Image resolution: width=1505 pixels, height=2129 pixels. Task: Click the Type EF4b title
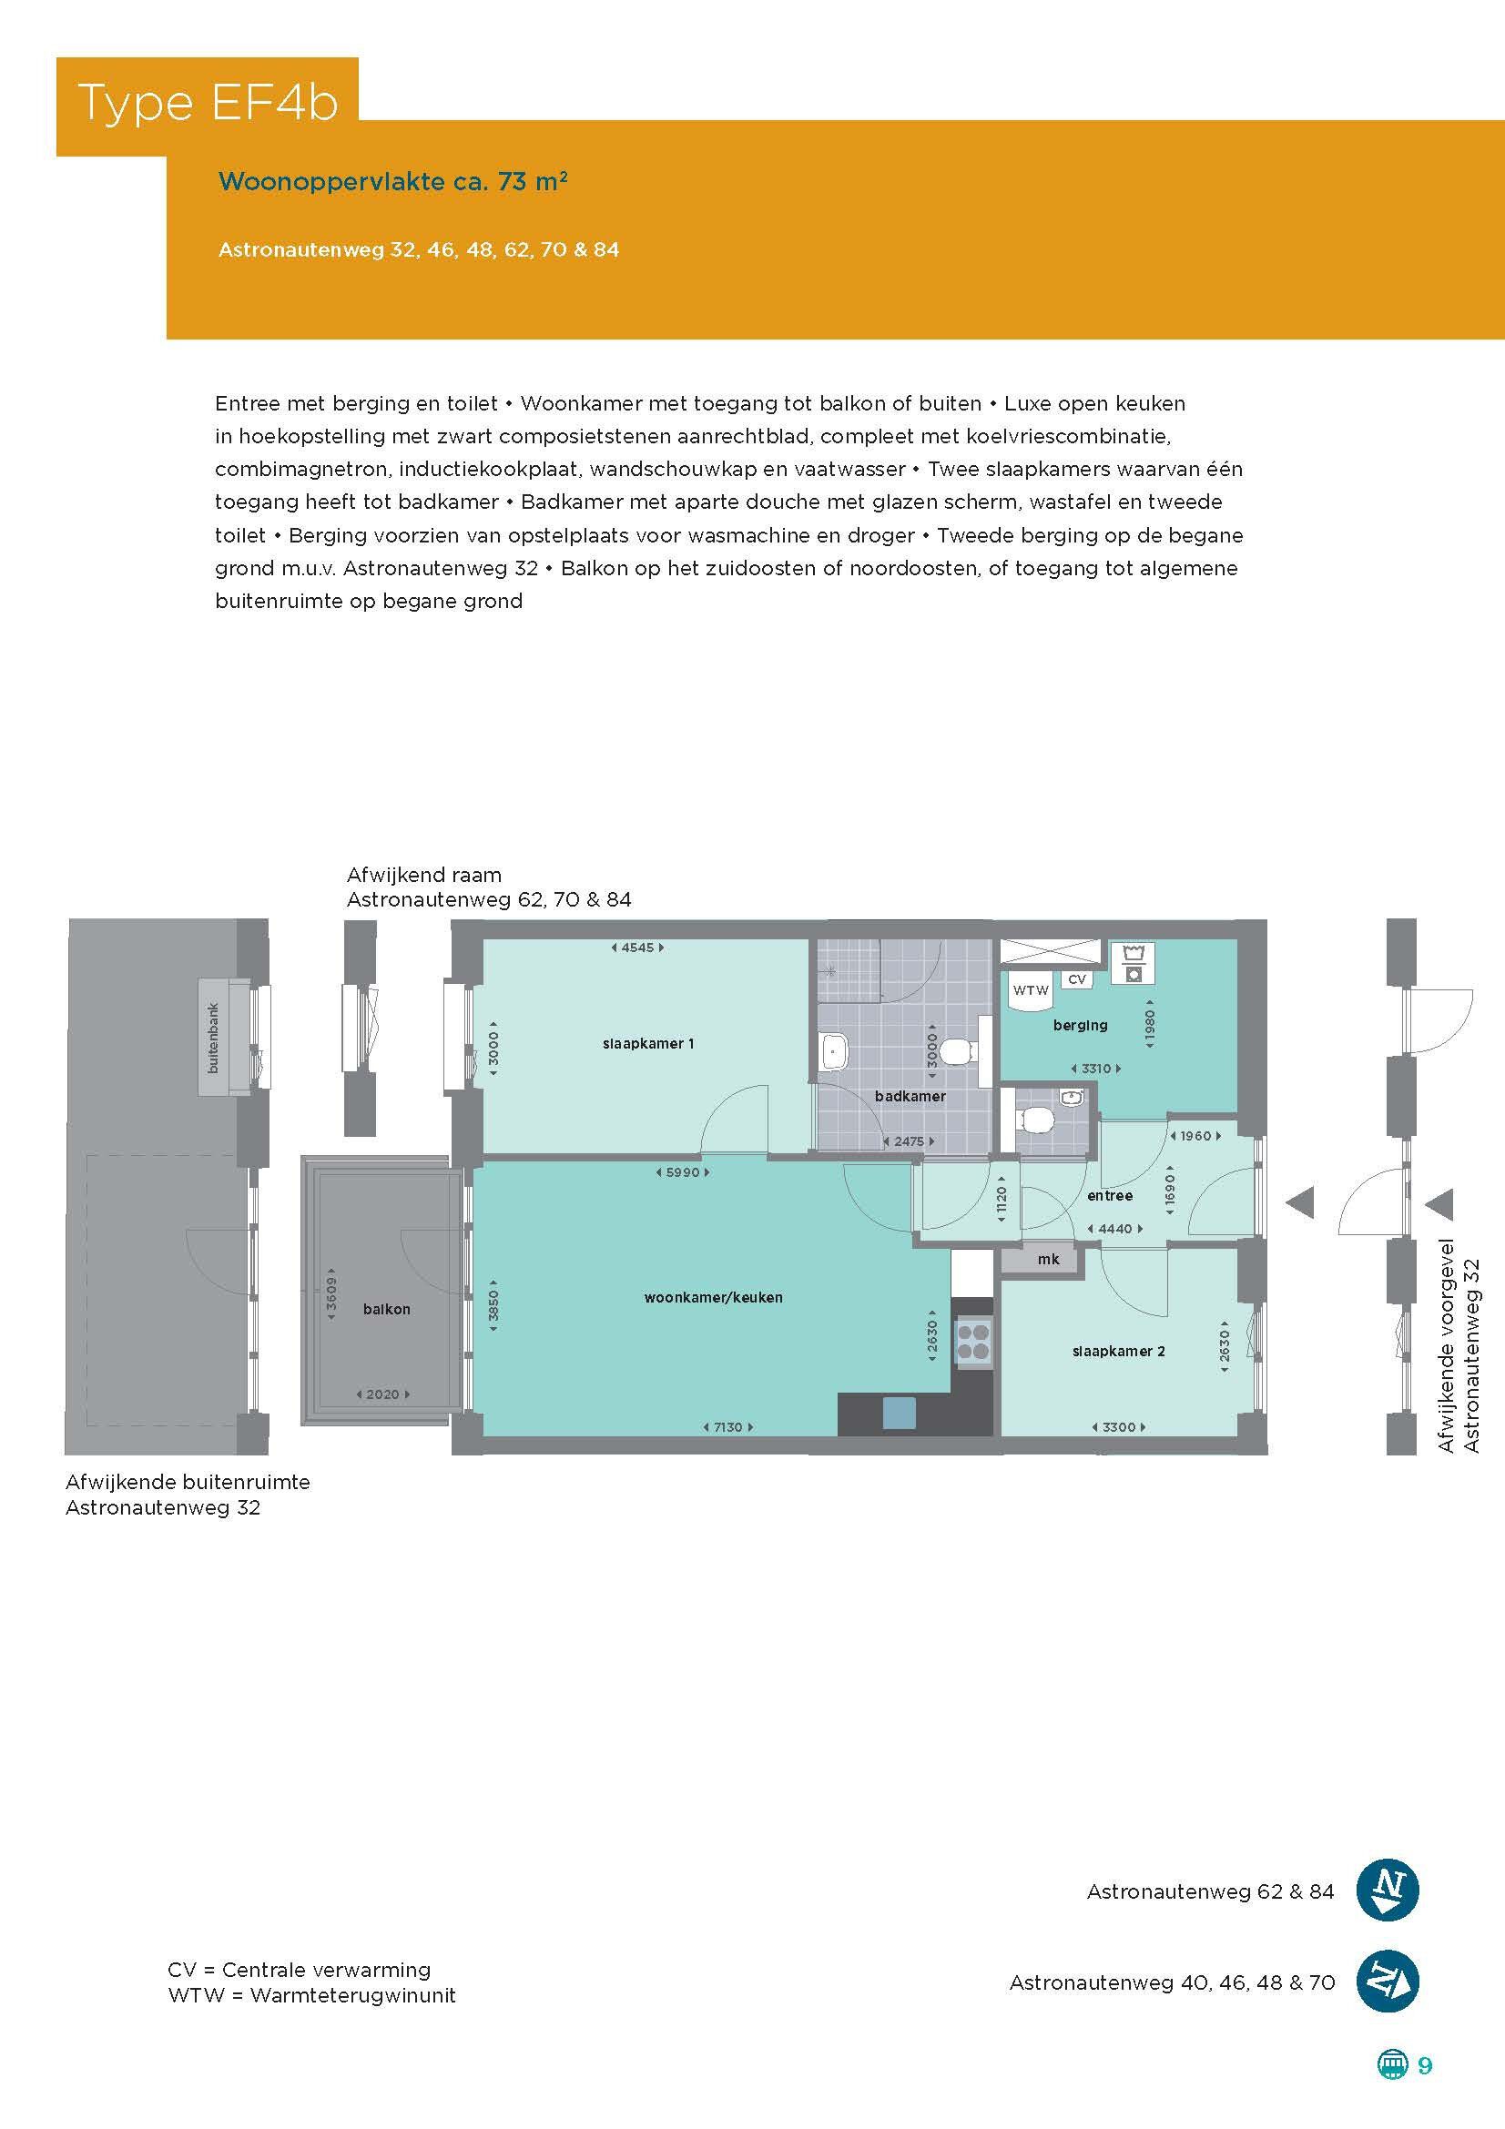point(208,103)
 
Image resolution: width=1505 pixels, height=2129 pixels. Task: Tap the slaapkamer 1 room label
point(648,1043)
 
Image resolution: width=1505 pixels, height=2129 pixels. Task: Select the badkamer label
point(910,1096)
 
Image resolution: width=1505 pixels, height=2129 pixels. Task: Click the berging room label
point(1081,1026)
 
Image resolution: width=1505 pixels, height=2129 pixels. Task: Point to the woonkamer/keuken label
point(713,1297)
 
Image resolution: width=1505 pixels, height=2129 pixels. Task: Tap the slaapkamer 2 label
point(1118,1351)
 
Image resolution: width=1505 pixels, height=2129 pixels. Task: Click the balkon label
point(387,1309)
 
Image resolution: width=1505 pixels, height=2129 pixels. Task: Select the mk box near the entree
point(1049,1259)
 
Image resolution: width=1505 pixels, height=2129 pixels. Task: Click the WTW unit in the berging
point(1031,990)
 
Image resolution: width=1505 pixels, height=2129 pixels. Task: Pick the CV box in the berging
point(1076,979)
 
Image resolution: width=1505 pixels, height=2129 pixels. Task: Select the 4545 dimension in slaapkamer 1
point(638,948)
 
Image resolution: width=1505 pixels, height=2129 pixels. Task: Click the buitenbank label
point(214,1039)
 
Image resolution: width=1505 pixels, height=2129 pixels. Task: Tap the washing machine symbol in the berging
point(1133,963)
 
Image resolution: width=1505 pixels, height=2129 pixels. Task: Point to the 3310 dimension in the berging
point(1096,1069)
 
